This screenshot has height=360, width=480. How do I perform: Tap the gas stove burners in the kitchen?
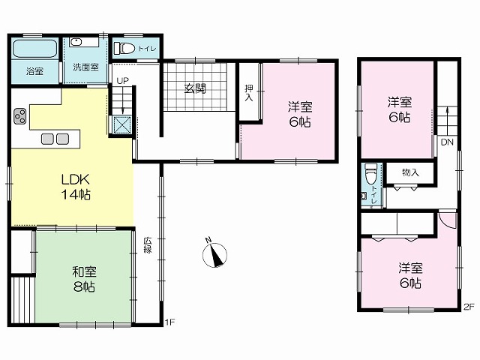[19, 116]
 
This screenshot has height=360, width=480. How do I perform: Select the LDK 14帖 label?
[76, 187]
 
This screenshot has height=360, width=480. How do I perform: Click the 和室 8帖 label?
[84, 279]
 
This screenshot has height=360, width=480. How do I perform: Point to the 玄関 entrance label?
[195, 88]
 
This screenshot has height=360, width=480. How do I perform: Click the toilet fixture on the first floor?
[124, 48]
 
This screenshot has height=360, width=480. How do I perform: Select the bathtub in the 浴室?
[35, 48]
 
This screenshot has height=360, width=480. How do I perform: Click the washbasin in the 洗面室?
[75, 42]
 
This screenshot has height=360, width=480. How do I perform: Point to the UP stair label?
[122, 81]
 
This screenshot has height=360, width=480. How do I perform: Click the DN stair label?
[447, 142]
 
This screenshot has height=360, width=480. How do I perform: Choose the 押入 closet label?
[249, 93]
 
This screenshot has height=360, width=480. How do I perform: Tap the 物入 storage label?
[410, 172]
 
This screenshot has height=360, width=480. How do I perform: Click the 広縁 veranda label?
[148, 245]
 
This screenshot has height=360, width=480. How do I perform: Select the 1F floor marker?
[170, 322]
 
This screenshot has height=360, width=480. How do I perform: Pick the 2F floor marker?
[468, 307]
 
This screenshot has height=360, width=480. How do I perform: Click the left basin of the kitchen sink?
[48, 139]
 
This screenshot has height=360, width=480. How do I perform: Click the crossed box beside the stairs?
[122, 125]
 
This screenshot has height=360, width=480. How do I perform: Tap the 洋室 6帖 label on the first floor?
[300, 115]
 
